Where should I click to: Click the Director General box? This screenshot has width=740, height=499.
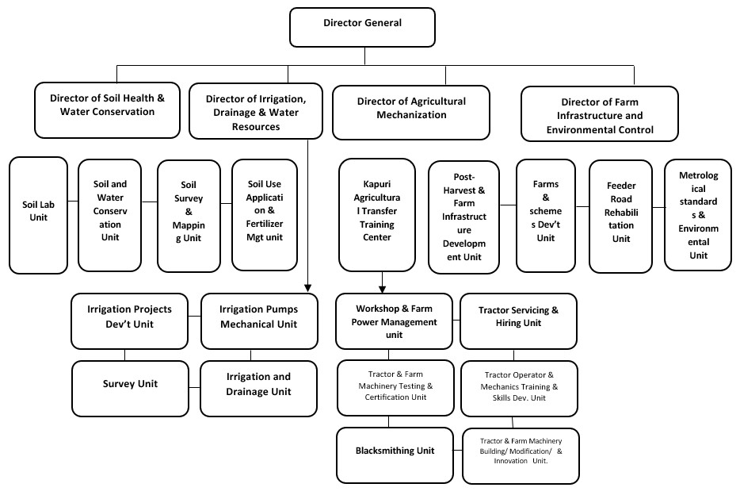click(x=362, y=27)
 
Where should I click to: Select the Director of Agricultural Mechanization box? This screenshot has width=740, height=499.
click(x=411, y=113)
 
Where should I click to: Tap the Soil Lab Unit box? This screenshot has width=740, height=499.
click(x=38, y=216)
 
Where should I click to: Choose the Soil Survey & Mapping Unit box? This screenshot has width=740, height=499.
click(x=189, y=216)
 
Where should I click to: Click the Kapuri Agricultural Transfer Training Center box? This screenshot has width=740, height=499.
click(x=377, y=215)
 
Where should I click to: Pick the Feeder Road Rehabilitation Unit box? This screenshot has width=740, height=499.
click(x=620, y=217)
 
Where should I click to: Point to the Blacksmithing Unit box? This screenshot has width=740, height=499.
click(x=395, y=455)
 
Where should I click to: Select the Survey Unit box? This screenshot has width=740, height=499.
click(x=130, y=389)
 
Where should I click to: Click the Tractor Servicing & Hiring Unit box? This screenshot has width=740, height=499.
click(x=518, y=321)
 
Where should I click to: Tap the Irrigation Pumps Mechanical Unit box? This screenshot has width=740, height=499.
click(x=259, y=321)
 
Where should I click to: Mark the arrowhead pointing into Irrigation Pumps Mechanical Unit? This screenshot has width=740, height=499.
click(x=307, y=288)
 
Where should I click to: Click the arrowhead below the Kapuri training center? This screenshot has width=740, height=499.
click(x=382, y=289)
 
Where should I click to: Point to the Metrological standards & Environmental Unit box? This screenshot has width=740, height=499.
click(x=698, y=215)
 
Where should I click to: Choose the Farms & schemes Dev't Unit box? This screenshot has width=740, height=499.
click(x=546, y=216)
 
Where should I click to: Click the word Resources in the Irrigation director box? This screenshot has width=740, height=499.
click(x=256, y=127)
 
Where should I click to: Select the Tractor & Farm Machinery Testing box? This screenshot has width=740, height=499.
click(x=395, y=388)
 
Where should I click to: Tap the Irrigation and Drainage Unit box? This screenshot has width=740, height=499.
click(x=258, y=389)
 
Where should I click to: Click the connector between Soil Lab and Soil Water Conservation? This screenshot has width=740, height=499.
click(x=73, y=202)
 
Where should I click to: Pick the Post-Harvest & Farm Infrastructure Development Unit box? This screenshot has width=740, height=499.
click(x=464, y=217)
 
